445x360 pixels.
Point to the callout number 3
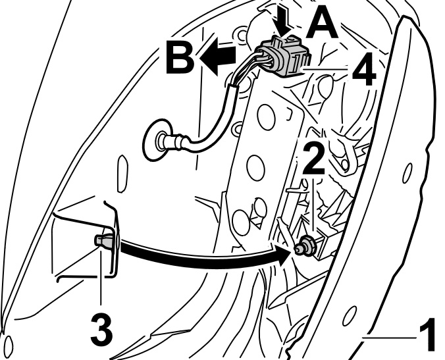coord(100,325)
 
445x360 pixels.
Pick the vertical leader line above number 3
coord(101,276)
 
